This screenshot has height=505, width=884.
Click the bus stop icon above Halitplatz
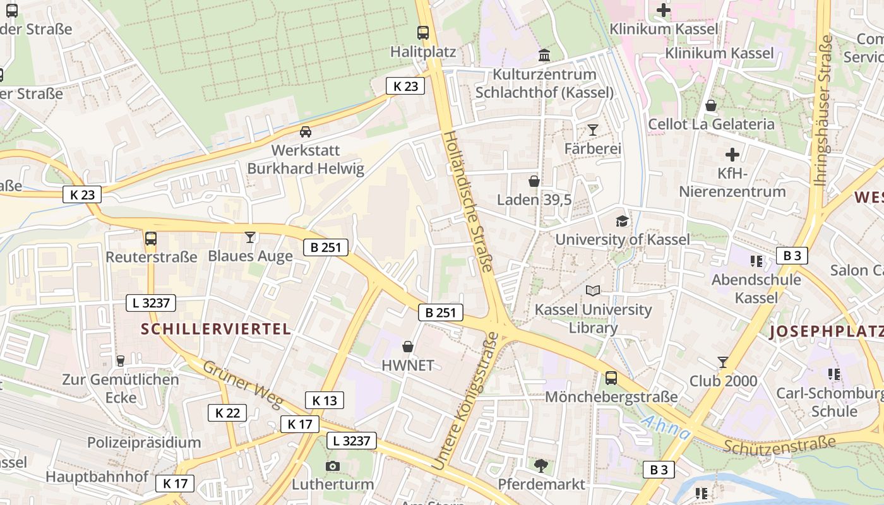tap(423, 32)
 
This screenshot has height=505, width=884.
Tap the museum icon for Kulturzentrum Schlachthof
tap(544, 56)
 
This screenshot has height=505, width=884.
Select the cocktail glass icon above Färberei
tap(592, 130)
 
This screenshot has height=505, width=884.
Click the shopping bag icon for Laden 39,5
tap(534, 181)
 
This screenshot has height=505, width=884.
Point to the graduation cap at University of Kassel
tap(623, 221)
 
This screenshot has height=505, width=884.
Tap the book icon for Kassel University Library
tap(593, 290)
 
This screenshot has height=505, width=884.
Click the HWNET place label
tap(408, 365)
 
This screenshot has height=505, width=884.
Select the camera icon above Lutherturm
tap(332, 466)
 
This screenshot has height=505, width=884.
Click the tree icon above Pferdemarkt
tap(541, 466)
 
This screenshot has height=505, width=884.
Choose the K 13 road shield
tap(325, 400)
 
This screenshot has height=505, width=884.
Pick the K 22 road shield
tap(227, 413)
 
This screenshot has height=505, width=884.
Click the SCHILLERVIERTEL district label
tap(216, 328)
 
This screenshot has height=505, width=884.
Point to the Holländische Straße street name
tap(467, 201)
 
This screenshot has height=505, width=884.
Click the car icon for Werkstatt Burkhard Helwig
tap(306, 132)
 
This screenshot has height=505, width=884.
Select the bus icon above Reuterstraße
tap(151, 239)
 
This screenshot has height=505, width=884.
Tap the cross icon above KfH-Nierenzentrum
tap(732, 154)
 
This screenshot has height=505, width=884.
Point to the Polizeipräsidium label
tap(144, 442)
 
